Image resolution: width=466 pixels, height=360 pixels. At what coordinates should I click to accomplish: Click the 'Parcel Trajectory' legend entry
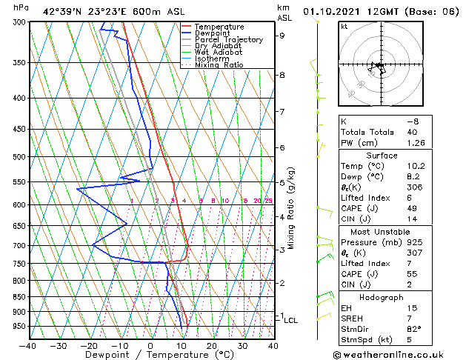228,39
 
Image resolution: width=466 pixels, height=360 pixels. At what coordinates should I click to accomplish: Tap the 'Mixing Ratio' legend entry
219,65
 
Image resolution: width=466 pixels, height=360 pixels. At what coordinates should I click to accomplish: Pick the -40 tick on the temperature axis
28,345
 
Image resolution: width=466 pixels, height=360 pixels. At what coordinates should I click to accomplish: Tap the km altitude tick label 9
282,36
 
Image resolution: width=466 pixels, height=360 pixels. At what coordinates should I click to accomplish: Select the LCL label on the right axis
291,320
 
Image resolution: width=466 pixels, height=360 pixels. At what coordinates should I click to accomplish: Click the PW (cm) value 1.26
418,144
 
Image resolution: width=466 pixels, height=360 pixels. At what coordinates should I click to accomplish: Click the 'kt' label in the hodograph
344,27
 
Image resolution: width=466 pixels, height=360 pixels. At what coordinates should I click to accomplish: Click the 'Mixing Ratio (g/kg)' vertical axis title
291,208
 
